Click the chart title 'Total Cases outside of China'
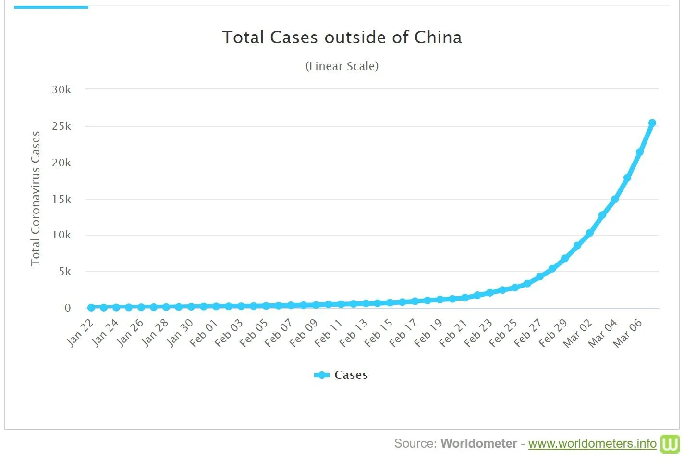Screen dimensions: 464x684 (x=342, y=38)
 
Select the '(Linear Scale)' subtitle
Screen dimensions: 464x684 (x=342, y=66)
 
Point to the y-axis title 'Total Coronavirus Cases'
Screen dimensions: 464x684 (x=35, y=198)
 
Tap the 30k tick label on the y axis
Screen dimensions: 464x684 (x=61, y=89)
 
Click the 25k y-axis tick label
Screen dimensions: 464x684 (x=61, y=126)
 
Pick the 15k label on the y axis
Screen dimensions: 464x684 (x=61, y=199)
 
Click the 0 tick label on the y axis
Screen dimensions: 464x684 (x=68, y=308)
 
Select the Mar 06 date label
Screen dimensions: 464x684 (x=628, y=333)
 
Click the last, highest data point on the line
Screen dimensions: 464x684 (x=652, y=123)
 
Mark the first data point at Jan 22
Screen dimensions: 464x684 (x=91, y=307)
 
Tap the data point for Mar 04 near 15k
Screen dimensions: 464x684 (x=615, y=199)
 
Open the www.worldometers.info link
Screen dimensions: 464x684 (x=592, y=443)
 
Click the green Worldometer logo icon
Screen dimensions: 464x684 (x=670, y=444)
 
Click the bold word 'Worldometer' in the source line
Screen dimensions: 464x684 (x=478, y=443)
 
